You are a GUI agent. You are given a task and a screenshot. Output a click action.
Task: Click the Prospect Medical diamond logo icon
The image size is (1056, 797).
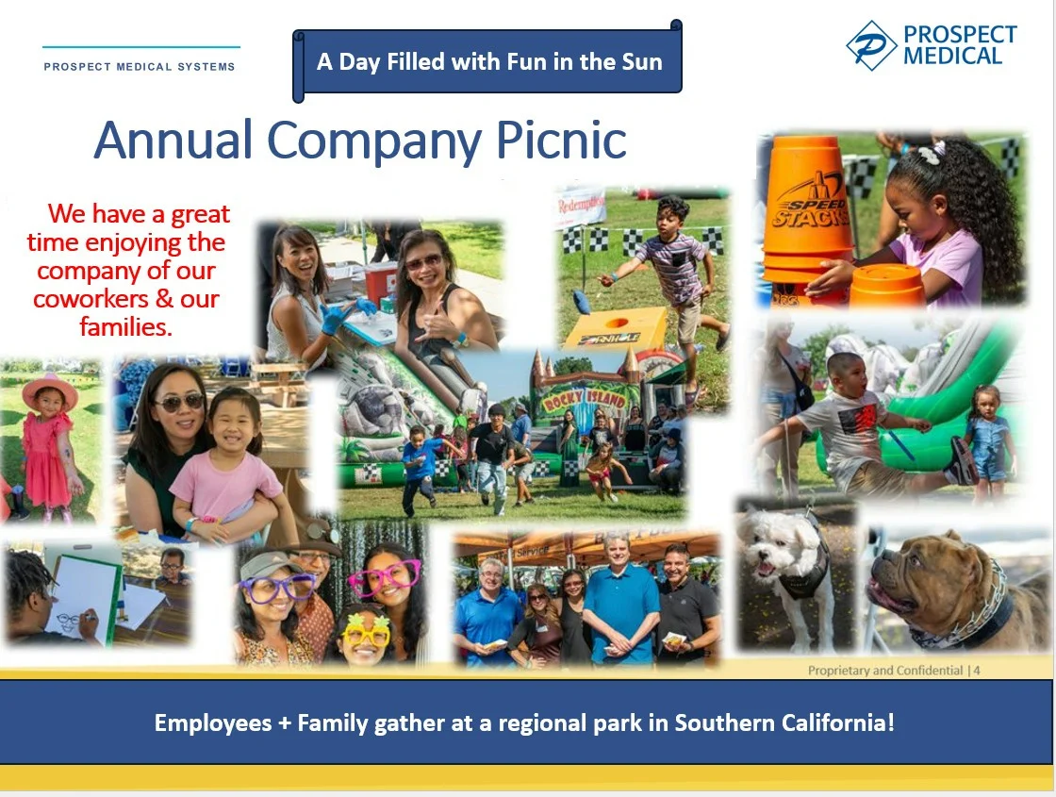pos(871,46)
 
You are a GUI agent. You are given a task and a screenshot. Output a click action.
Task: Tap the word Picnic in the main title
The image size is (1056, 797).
pos(561,141)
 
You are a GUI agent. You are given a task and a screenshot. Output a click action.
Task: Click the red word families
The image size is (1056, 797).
pos(126,326)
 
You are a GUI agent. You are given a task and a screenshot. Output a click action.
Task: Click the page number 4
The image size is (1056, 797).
pos(977,671)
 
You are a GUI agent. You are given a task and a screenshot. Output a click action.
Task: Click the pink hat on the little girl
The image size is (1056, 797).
pos(49,390)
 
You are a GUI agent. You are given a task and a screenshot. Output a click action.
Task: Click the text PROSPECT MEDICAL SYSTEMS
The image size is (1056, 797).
pos(140,67)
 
